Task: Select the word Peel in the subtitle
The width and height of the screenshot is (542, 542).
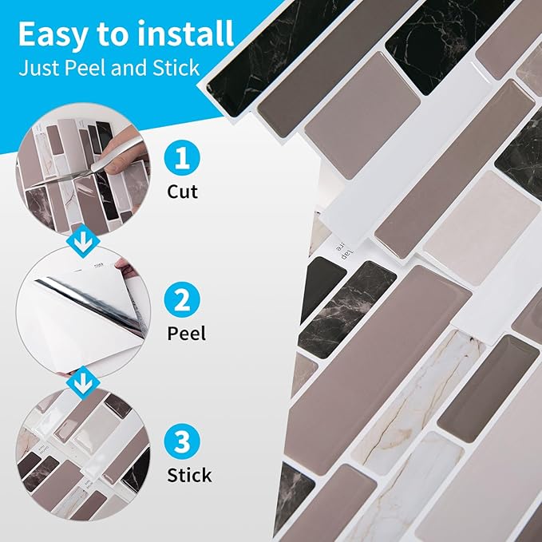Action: click(x=86, y=67)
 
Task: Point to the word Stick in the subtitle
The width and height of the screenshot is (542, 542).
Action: click(x=176, y=67)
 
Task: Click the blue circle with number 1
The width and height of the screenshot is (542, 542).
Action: click(x=182, y=158)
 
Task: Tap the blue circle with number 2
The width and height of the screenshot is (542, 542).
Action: click(x=182, y=299)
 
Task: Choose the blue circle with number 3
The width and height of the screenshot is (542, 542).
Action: click(x=182, y=441)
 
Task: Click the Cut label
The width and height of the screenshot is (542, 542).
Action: click(x=183, y=192)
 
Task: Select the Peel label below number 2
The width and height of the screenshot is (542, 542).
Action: click(x=186, y=334)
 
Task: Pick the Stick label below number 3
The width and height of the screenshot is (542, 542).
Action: click(x=189, y=475)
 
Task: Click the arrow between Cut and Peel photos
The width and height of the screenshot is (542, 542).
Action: click(x=83, y=241)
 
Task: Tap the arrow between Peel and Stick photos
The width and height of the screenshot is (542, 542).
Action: click(x=83, y=383)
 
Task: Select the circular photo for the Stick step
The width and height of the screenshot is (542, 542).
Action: click(x=83, y=454)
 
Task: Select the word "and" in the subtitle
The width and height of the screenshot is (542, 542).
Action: click(x=130, y=67)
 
